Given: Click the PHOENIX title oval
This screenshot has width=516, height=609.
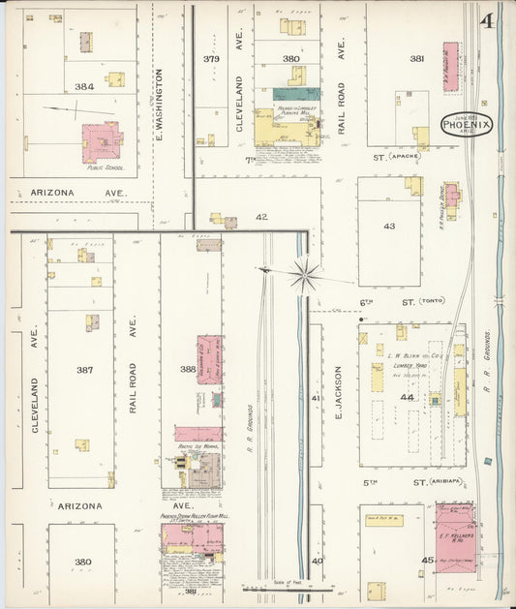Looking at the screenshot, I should (x=467, y=124).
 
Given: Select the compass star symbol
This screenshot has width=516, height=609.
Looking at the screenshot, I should (x=305, y=274).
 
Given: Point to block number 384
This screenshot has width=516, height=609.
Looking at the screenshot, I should (x=85, y=87).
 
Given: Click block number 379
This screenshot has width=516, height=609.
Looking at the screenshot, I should (x=211, y=59).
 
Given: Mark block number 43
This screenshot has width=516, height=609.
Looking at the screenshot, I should (x=389, y=226).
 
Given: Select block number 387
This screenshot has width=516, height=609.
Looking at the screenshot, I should (x=85, y=370).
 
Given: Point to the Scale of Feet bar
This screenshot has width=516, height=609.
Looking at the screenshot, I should (x=288, y=587).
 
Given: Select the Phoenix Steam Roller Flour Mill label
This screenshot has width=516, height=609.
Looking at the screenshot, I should (x=195, y=517).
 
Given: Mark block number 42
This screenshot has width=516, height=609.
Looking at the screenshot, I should (x=261, y=217).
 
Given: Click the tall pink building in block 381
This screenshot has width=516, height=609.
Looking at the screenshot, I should (x=451, y=67).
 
